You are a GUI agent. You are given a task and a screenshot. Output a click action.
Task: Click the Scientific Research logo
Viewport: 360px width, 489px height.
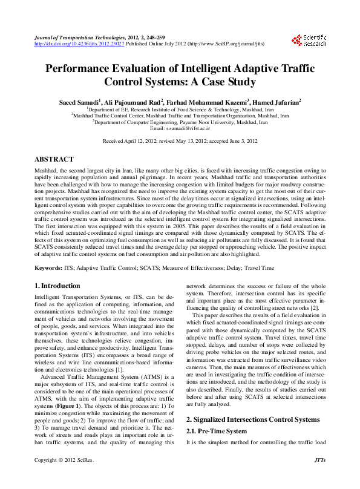coord(310,40)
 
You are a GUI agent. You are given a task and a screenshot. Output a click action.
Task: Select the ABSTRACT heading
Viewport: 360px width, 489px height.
coord(54,159)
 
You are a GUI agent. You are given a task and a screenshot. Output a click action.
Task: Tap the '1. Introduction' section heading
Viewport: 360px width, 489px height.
coord(57,285)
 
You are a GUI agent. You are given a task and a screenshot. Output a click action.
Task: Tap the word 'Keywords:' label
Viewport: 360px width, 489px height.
coord(50,266)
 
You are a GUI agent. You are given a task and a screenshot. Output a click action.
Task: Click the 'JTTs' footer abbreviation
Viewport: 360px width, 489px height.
coord(321,478)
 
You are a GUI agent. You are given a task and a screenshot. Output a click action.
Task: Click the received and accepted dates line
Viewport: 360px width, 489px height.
coord(180,140)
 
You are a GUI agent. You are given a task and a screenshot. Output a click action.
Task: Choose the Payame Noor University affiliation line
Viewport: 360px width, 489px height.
coord(180,121)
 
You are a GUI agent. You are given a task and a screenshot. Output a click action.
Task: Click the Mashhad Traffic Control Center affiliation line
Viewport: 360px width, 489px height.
coord(180,114)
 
